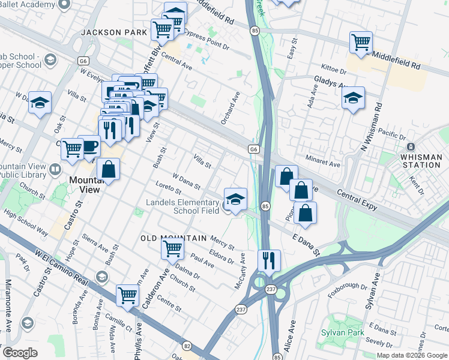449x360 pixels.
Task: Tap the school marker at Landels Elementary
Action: point(235,199)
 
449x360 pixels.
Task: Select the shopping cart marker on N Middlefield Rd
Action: point(361,42)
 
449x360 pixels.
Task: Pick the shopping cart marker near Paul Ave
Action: point(172,247)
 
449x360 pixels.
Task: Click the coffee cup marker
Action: point(89,146)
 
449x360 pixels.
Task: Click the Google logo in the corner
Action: point(20,353)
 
